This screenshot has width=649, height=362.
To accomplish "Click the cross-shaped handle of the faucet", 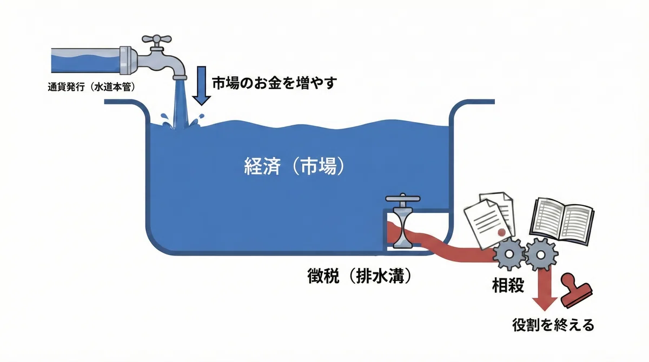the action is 156,39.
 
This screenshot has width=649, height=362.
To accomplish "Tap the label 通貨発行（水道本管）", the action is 91,87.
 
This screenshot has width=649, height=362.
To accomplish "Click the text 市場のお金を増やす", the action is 274,83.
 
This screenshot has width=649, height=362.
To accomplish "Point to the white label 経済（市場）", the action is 295,166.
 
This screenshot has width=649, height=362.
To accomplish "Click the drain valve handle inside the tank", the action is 403,198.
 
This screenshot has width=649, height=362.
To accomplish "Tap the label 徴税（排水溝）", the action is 359,276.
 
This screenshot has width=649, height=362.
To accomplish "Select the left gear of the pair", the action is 509,254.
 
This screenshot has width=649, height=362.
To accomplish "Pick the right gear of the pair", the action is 541,254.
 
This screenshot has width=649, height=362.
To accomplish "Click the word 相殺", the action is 508,285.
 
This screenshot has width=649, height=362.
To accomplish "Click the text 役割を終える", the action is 553,325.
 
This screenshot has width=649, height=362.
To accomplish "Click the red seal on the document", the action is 501,232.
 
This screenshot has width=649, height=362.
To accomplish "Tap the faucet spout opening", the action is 180,77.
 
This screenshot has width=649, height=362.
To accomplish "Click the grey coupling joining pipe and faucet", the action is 128,61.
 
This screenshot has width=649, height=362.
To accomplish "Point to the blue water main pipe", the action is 85,61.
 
